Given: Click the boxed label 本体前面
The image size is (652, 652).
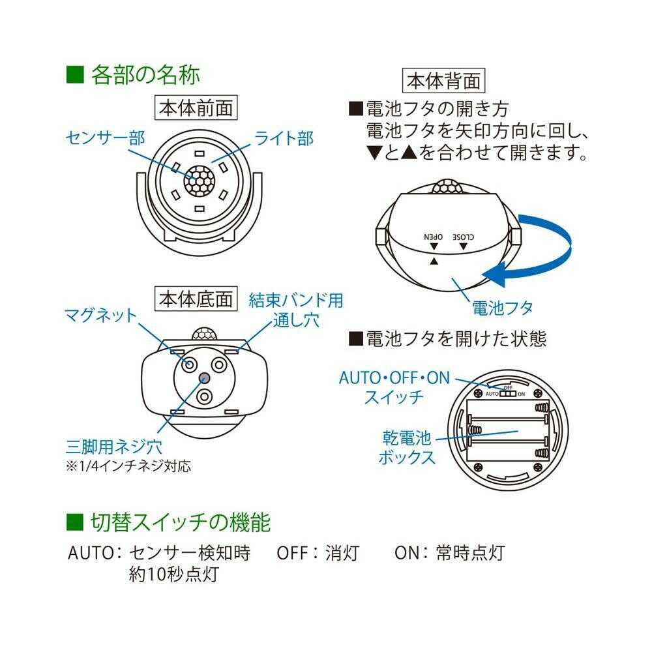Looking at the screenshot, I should (x=196, y=108).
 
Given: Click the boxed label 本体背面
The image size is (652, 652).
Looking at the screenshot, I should (x=444, y=81).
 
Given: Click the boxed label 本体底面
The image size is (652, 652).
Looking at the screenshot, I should (x=196, y=299).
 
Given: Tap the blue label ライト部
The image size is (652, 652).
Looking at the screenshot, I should (x=284, y=138).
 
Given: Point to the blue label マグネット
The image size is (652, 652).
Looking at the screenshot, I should (x=101, y=316).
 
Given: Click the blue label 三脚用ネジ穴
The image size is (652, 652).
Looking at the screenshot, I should (x=114, y=447).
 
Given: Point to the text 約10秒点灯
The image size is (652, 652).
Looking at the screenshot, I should (x=173, y=574).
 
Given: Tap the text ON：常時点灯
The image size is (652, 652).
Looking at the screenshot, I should (x=449, y=553).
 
